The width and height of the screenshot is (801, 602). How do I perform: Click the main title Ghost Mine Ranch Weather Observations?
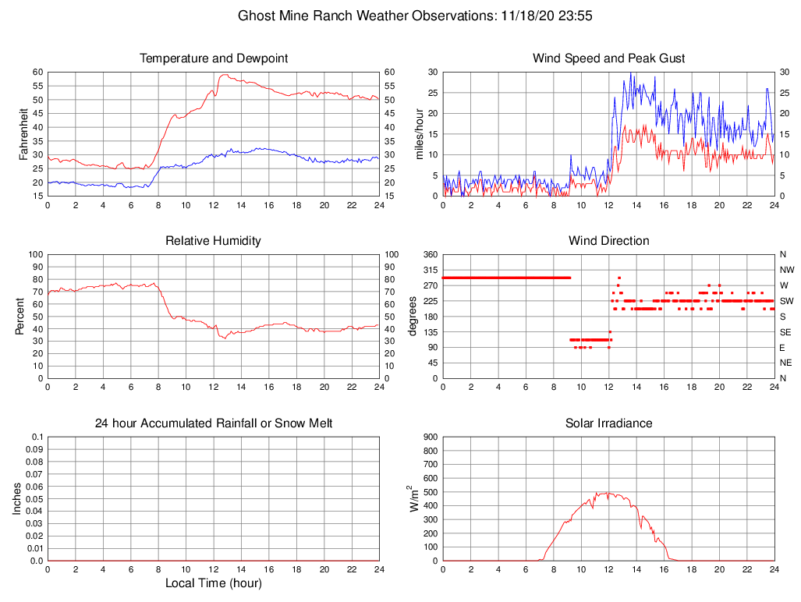coord(413,15)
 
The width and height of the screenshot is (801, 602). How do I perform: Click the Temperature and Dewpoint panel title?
coord(214,58)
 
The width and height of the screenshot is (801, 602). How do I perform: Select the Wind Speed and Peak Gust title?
coord(608,58)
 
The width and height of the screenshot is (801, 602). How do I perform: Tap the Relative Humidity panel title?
coord(214,241)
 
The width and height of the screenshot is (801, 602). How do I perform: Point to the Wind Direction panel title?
coord(608,241)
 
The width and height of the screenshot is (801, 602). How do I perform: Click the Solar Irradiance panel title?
coord(608,423)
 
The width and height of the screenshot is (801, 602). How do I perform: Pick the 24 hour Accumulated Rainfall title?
coord(214,423)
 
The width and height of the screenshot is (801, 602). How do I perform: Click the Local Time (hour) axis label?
coord(214,583)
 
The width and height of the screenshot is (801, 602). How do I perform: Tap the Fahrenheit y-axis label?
coord(24,133)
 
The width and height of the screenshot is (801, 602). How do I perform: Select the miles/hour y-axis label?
coord(419,133)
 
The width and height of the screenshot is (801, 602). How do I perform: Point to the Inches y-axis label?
coord(17,498)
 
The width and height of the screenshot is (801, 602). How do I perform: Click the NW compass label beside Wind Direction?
coord(784,270)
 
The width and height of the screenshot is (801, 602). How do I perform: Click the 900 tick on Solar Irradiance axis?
coord(429,437)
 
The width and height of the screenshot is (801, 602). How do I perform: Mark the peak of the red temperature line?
coord(225,75)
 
